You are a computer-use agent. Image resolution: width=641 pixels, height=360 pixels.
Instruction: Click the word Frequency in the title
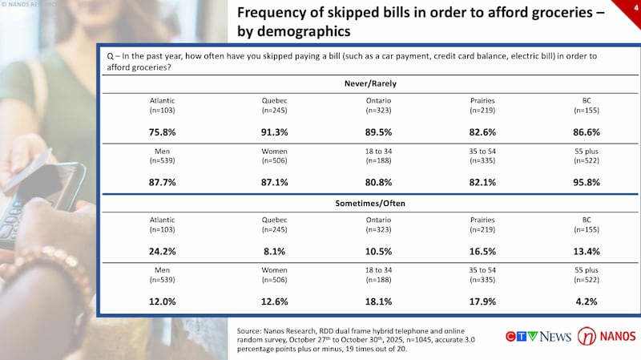click(x=275, y=14)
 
